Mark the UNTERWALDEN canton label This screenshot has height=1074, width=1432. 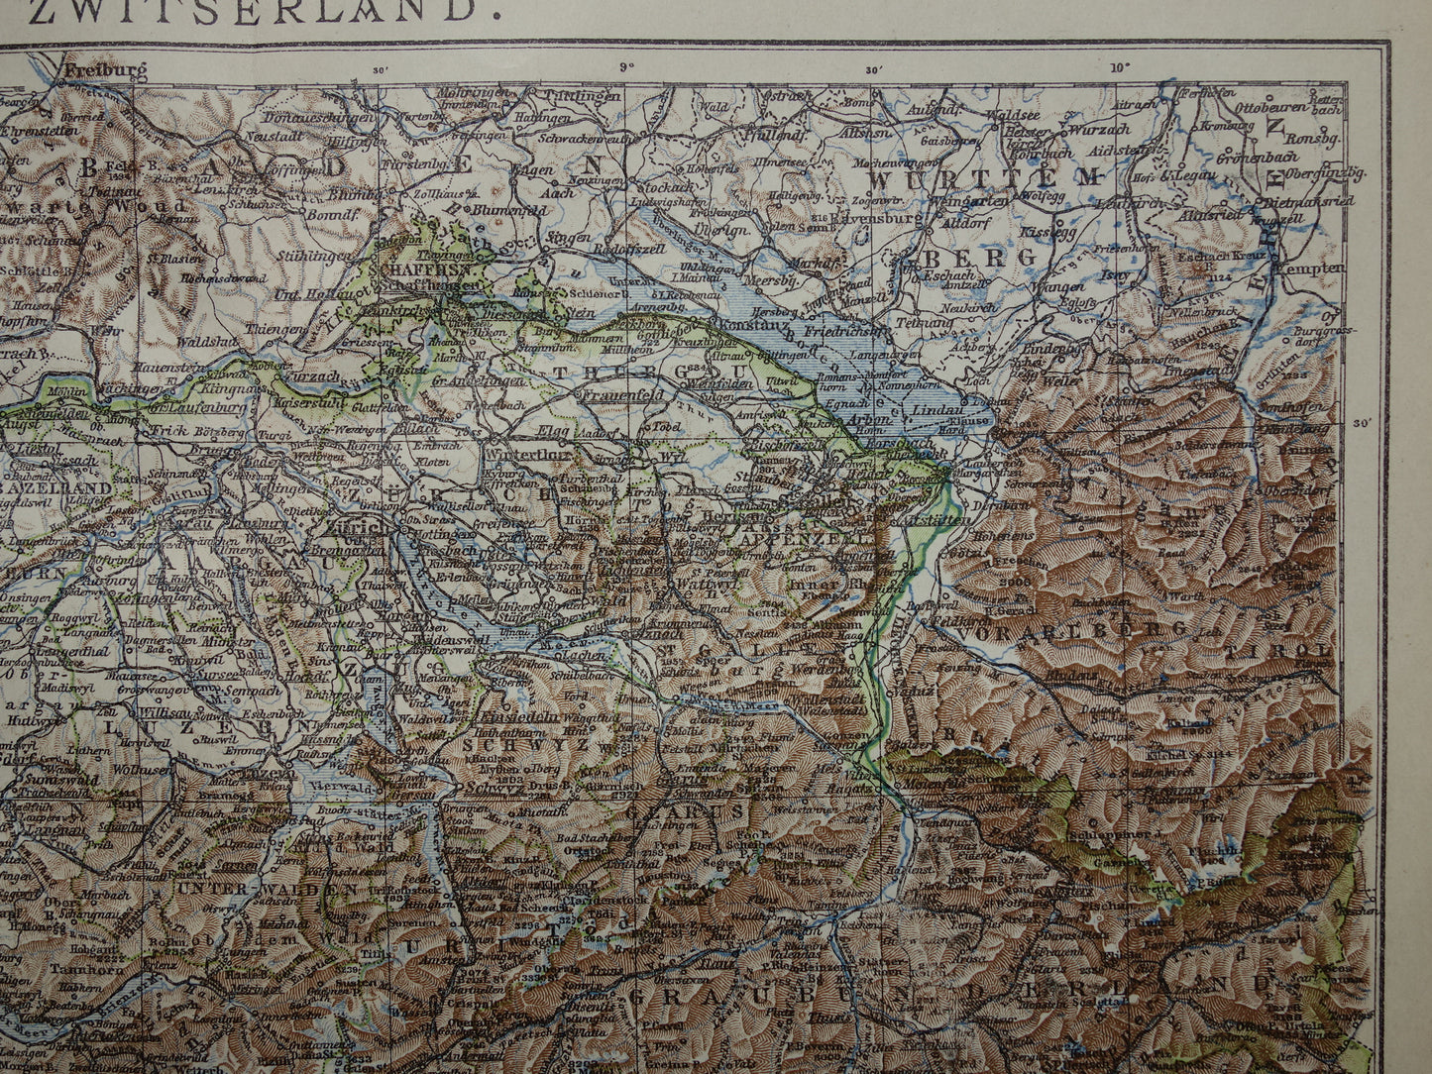pyautogui.click(x=267, y=889)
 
